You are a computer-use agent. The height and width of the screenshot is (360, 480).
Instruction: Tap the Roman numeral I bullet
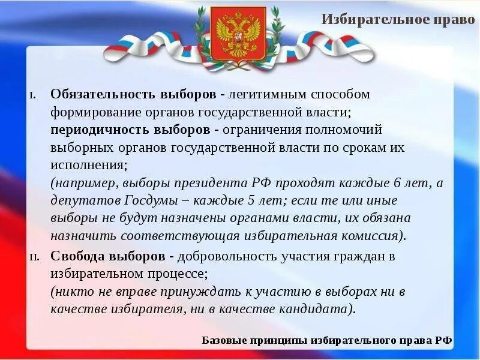coord(33,96)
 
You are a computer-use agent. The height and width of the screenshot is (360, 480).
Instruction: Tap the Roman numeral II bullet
coord(34,257)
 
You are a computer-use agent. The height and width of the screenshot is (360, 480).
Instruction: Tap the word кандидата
coord(317,310)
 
